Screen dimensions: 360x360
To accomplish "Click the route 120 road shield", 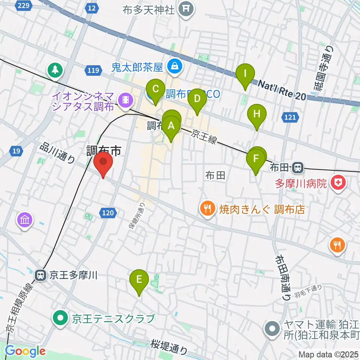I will (x=107, y=213).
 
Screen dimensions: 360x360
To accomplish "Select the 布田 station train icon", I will (x=298, y=167).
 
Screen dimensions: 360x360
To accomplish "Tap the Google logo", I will (x=25, y=351).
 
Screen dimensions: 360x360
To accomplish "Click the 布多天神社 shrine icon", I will (x=186, y=8).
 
